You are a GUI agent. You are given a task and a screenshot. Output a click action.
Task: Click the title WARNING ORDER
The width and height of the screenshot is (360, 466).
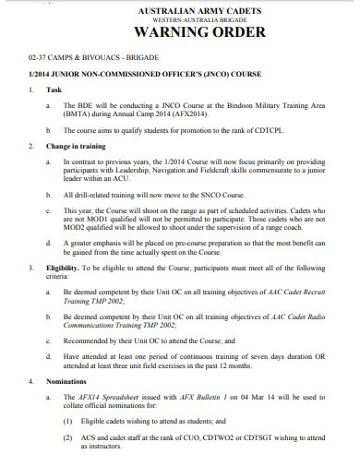180,36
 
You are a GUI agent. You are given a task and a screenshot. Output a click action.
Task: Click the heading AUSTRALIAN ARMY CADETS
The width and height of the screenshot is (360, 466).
180,10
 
